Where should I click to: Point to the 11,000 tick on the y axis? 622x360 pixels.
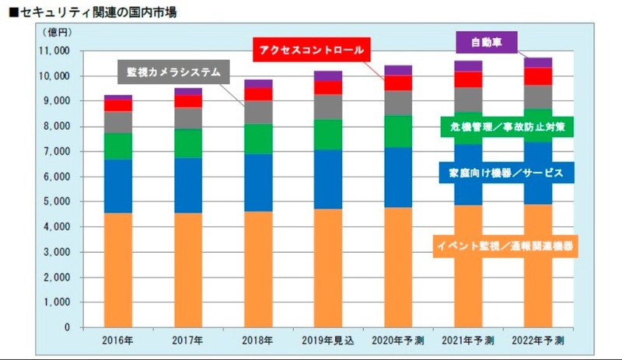pyautogui.click(x=52, y=51)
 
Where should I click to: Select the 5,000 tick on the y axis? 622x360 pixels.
pyautogui.click(x=55, y=201)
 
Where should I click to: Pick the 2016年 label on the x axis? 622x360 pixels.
pyautogui.click(x=118, y=340)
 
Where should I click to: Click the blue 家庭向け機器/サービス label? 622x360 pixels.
pyautogui.click(x=506, y=173)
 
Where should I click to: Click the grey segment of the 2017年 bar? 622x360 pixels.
pyautogui.click(x=187, y=117)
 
